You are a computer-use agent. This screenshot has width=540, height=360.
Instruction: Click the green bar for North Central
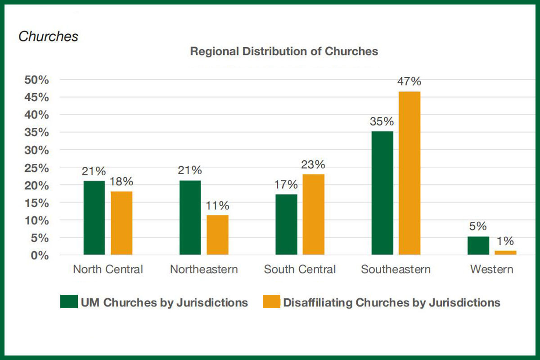tap(94, 218)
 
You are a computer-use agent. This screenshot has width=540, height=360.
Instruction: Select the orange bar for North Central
tap(121, 223)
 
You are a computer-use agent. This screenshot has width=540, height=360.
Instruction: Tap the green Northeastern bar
tap(190, 218)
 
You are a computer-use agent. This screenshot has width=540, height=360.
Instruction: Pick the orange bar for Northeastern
tap(217, 235)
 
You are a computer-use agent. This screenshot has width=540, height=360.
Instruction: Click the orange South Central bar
tap(313, 215)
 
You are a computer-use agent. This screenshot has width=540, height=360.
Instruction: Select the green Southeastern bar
tap(382, 193)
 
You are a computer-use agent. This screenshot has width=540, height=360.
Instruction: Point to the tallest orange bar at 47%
tap(409, 173)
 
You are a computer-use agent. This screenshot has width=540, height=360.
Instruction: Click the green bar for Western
tap(478, 246)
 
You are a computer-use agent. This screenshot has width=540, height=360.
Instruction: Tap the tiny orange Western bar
tap(506, 252)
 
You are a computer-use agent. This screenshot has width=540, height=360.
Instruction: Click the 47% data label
tap(409, 81)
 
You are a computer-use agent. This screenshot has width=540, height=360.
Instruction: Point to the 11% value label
tap(217, 206)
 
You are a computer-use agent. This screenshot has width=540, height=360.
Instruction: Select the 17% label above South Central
tap(286, 184)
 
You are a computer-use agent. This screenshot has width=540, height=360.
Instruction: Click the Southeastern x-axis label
tap(396, 270)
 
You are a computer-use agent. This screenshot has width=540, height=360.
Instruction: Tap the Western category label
tap(491, 270)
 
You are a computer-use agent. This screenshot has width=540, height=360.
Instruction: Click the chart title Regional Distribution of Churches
tap(284, 51)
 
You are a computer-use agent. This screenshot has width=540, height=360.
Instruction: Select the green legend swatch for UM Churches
tap(68, 302)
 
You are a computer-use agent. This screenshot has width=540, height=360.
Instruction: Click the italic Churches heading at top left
tap(48, 36)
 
